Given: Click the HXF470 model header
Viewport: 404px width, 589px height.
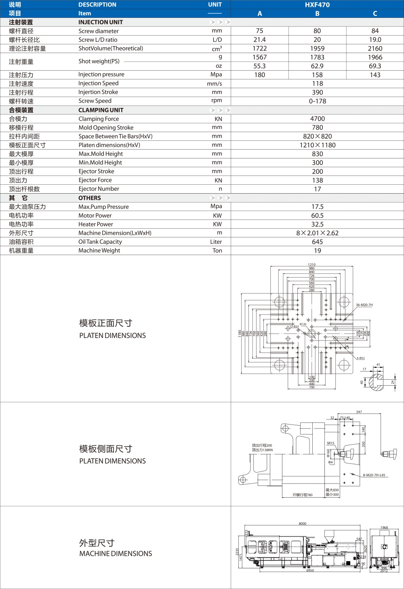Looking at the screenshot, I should pyautogui.click(x=317, y=5).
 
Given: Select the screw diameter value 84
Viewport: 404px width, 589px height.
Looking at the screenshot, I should pyautogui.click(x=375, y=31).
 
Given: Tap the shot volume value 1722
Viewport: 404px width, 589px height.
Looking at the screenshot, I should pyautogui.click(x=259, y=49).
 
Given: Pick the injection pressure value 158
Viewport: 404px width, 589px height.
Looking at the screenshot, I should pyautogui.click(x=317, y=75).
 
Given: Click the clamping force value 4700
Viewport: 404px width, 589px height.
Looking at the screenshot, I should pyautogui.click(x=317, y=119).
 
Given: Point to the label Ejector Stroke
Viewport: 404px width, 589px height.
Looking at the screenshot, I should pyautogui.click(x=96, y=171).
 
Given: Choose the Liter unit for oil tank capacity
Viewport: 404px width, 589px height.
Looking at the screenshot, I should pyautogui.click(x=216, y=242).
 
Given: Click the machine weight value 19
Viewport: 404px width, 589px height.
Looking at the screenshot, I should pyautogui.click(x=317, y=251).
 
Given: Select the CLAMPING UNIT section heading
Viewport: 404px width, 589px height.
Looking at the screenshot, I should pyautogui.click(x=101, y=110).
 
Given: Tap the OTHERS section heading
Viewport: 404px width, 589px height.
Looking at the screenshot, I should pyautogui.click(x=89, y=198).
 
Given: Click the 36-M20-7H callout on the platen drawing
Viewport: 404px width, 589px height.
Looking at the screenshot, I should pyautogui.click(x=364, y=305).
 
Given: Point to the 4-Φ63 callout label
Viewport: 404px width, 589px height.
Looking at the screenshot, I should pyautogui.click(x=360, y=358).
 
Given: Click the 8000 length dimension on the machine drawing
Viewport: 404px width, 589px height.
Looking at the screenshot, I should pyautogui.click(x=302, y=524).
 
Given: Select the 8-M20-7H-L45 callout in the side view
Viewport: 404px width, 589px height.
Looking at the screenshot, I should pyautogui.click(x=374, y=475).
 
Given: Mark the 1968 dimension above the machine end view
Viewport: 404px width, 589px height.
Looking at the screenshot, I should pyautogui.click(x=384, y=528).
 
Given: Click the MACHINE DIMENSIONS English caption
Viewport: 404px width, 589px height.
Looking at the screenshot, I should pyautogui.click(x=116, y=554).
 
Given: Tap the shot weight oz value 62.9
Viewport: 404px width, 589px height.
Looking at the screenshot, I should pyautogui.click(x=317, y=66).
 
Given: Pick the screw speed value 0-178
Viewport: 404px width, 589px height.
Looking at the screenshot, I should pyautogui.click(x=317, y=101).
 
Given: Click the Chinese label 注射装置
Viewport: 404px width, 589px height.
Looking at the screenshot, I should pyautogui.click(x=21, y=22).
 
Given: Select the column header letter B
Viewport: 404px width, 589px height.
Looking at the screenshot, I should pyautogui.click(x=317, y=14).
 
